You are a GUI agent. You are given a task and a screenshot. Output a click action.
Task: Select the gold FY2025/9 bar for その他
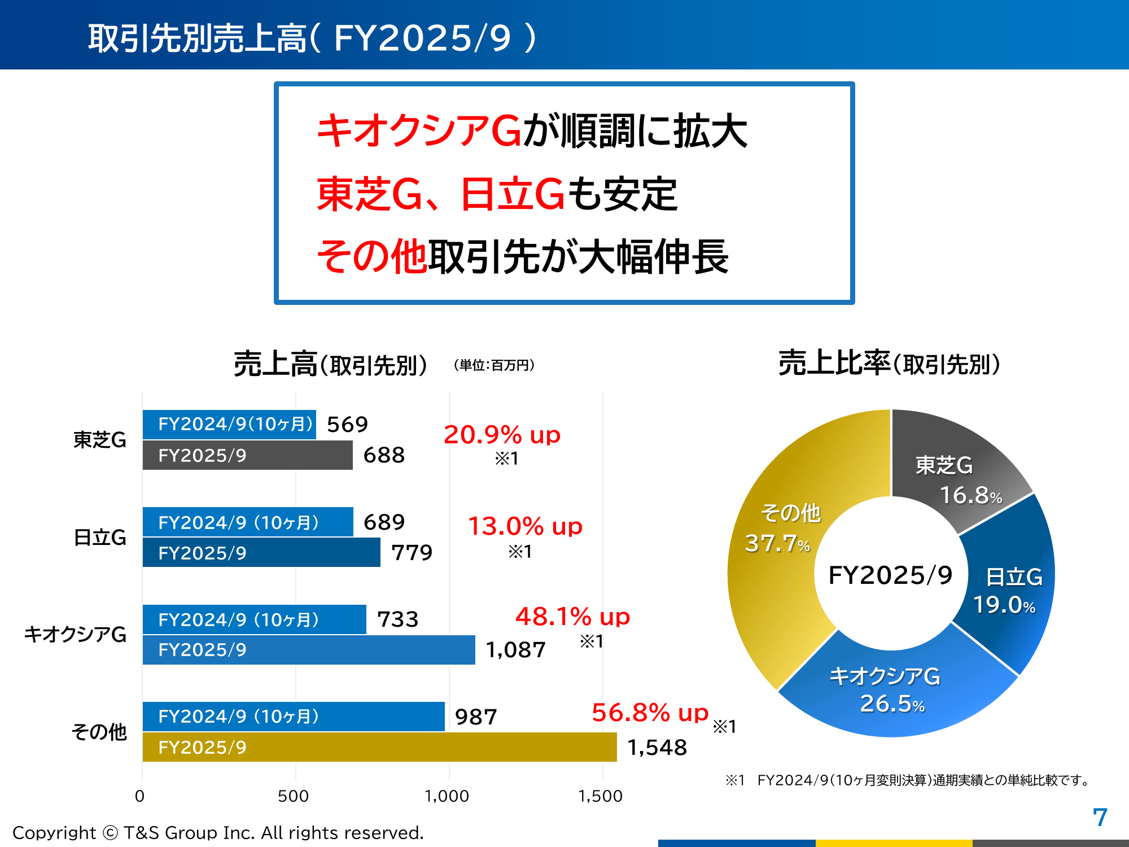379,747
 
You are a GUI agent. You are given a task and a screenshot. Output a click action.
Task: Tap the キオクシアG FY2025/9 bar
309,650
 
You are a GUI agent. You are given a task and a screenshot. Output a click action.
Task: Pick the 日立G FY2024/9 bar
248,522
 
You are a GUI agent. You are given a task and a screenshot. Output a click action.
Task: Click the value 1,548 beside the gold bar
657,748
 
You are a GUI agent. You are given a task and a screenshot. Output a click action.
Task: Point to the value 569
347,424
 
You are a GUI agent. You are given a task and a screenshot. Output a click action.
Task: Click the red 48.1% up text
572,616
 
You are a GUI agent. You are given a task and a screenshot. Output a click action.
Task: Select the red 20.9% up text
502,435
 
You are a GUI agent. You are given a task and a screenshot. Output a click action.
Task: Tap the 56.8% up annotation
650,713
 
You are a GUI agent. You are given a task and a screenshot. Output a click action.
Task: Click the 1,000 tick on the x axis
447,796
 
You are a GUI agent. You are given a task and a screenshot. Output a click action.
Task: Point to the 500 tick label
294,796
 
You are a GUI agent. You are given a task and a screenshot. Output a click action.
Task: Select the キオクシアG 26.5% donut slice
892,689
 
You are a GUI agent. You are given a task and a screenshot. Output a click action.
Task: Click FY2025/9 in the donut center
890,575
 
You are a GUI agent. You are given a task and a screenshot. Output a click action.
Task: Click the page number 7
1100,817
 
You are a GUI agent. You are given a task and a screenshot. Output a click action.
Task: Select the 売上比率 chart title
889,363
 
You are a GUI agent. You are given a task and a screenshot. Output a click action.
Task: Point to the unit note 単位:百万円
494,365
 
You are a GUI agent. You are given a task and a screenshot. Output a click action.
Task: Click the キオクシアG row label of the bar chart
75,635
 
